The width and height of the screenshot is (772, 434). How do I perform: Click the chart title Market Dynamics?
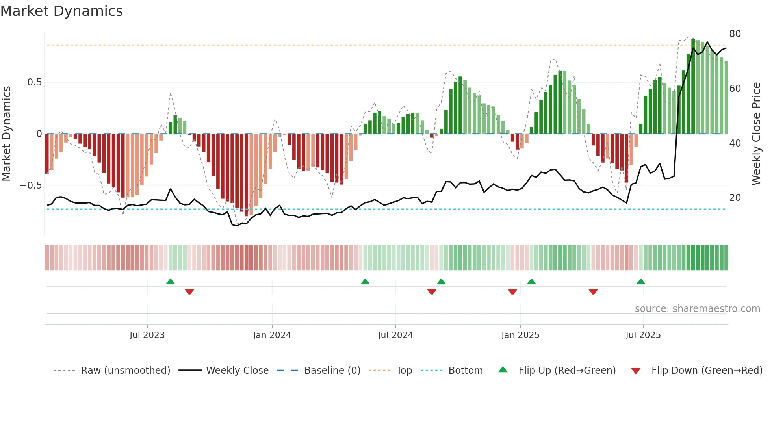pos(61,11)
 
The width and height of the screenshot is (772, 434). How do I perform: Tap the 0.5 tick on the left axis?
pos(34,82)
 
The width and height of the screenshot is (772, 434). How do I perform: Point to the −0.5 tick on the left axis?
pos(31,185)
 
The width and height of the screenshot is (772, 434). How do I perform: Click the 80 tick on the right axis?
pos(735,34)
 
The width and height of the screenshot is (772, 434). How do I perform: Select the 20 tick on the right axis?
pos(735,198)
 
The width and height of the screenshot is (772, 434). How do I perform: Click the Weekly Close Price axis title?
pos(756,134)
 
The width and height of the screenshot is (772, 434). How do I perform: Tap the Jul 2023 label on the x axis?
pos(147,335)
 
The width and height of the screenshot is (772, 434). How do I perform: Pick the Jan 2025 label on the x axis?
pos(520,335)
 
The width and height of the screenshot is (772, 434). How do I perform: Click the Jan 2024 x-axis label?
pos(272,335)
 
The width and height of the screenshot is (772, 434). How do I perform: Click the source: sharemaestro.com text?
pos(697,309)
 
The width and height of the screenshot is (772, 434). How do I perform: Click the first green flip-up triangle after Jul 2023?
pos(170,282)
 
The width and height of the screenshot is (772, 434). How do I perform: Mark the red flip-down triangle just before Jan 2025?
pos(512,292)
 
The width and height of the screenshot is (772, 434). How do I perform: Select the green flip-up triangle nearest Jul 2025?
pos(640,282)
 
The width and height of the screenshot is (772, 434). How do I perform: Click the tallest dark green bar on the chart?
pos(693,87)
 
